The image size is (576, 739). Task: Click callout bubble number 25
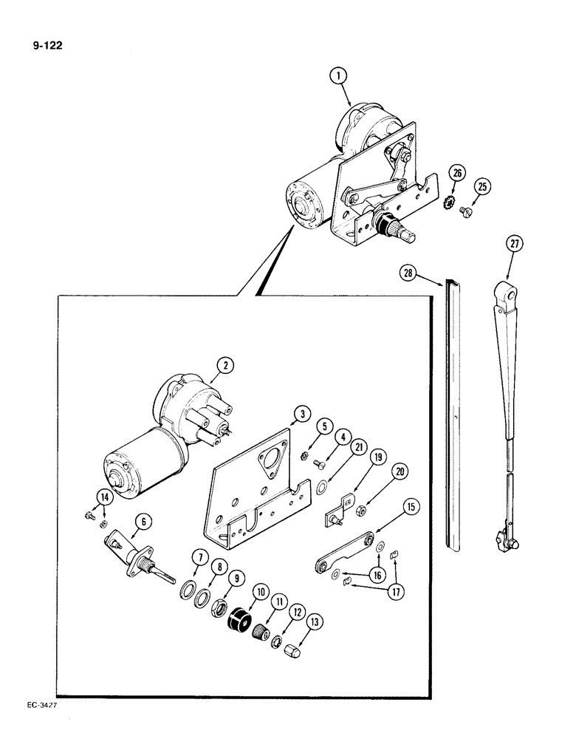coord(482,188)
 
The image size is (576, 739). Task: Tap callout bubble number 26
coord(457,175)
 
